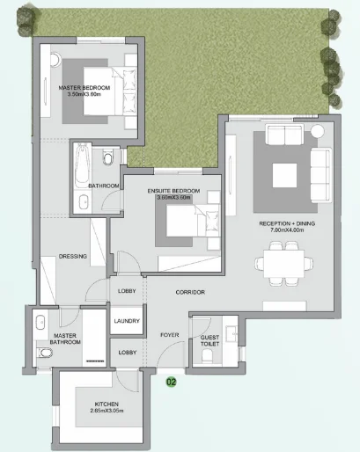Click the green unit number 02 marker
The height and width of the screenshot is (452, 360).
pos(172,382)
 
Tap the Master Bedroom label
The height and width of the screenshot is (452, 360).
pos(84,88)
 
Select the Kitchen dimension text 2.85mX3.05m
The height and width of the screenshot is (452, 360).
pos(107,411)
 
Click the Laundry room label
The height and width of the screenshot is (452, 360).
pos(127,321)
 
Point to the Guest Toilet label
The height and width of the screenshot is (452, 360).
pos(209,340)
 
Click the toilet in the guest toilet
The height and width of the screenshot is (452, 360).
pos(207,356)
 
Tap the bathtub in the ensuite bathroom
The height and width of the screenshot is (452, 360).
pos(82,165)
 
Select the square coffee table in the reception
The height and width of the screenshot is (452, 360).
pos(284,175)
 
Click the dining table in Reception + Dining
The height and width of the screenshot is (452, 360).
pos(283,263)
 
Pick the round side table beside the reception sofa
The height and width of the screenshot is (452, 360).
pos(317,131)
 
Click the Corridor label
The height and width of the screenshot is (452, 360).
pos(190,292)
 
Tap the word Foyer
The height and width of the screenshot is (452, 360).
pos(170,335)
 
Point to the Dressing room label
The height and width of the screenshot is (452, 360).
pos(73,256)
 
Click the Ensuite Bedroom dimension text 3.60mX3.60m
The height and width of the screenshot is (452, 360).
pos(173,197)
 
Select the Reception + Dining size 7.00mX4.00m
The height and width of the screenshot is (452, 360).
pos(287,230)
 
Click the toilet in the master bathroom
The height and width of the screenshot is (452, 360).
pos(44,353)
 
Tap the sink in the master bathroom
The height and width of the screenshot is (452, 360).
pos(40,322)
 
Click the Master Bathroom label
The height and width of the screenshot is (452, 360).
pos(65,339)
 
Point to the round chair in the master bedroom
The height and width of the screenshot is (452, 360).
pos(55,60)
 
